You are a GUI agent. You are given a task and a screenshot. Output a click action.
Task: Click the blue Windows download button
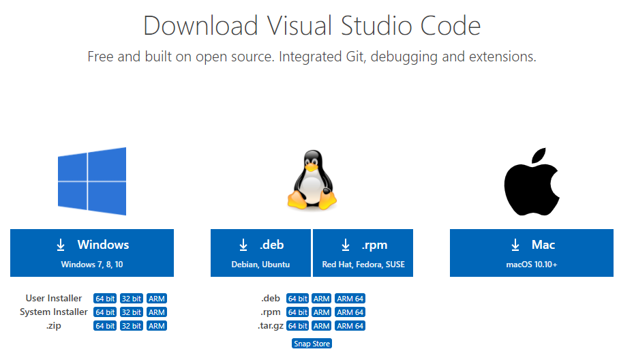[92, 253]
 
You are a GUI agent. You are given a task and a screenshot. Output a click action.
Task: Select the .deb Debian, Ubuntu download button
[260, 253]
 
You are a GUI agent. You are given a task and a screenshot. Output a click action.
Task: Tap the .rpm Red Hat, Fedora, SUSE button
[363, 253]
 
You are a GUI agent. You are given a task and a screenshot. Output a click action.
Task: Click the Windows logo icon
[92, 181]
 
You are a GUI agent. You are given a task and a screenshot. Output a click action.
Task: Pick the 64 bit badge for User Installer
[105, 299]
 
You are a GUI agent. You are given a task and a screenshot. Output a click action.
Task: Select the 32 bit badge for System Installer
[131, 312]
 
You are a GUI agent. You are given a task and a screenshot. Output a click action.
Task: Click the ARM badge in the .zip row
[157, 326]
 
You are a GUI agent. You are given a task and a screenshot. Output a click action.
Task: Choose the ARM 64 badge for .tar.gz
[350, 326]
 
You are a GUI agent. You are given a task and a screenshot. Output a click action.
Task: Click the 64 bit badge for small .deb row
[297, 299]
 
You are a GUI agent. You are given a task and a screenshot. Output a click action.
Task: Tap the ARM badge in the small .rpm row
[322, 312]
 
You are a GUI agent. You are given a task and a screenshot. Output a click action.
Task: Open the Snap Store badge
[312, 344]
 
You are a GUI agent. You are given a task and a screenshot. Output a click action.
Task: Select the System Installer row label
[53, 312]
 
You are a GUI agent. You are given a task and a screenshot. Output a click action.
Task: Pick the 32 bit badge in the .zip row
[131, 326]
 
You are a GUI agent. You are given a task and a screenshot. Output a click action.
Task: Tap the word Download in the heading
[200, 26]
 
